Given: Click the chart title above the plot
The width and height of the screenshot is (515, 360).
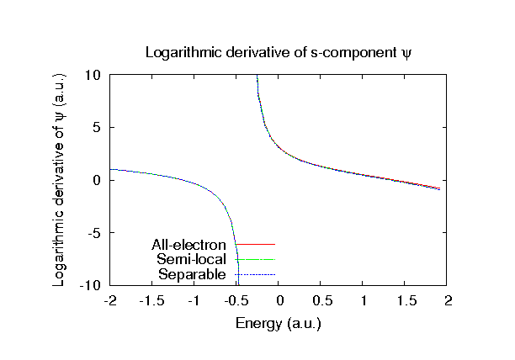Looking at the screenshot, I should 278,52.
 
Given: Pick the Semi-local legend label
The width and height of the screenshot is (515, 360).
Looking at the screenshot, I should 191,260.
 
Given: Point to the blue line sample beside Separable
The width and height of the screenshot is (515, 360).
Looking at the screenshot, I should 255,274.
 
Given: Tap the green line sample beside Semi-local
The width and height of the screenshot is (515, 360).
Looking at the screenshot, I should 255,260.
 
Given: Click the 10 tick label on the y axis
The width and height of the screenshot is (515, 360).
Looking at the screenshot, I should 93,75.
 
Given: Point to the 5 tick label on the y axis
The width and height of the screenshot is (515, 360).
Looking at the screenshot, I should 97,128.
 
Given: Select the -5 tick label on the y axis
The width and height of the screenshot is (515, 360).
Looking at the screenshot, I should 95,233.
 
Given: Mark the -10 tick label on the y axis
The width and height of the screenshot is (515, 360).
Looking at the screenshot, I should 91,286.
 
